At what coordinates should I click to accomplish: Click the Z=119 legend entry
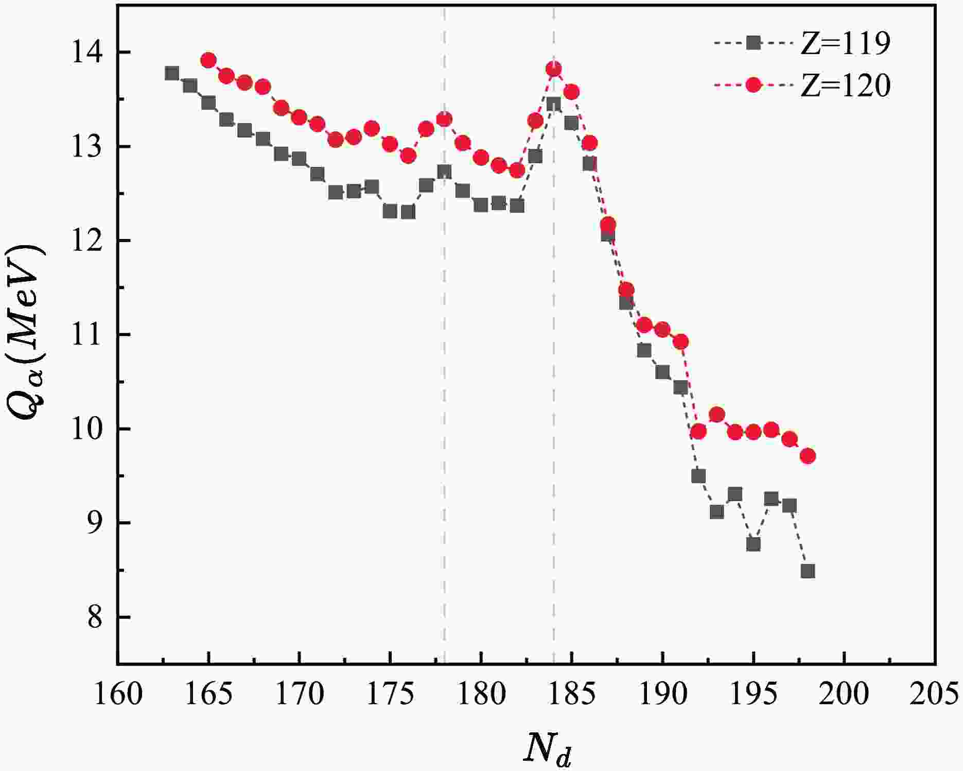tap(802, 43)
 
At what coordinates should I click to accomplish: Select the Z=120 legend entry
tap(802, 85)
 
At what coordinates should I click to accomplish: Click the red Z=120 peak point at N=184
tap(553, 68)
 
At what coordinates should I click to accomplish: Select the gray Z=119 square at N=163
tap(172, 73)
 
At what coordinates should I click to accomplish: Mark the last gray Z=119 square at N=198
tap(808, 571)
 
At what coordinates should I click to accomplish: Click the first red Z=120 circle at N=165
tap(208, 60)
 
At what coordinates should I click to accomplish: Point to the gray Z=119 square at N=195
tap(753, 544)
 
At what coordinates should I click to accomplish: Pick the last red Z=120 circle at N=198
tap(808, 456)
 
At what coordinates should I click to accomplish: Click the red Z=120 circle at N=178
tap(444, 119)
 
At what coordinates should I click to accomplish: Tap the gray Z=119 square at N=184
tap(553, 105)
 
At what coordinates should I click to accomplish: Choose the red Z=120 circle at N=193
tap(716, 414)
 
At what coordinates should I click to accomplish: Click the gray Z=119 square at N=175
tap(390, 211)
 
